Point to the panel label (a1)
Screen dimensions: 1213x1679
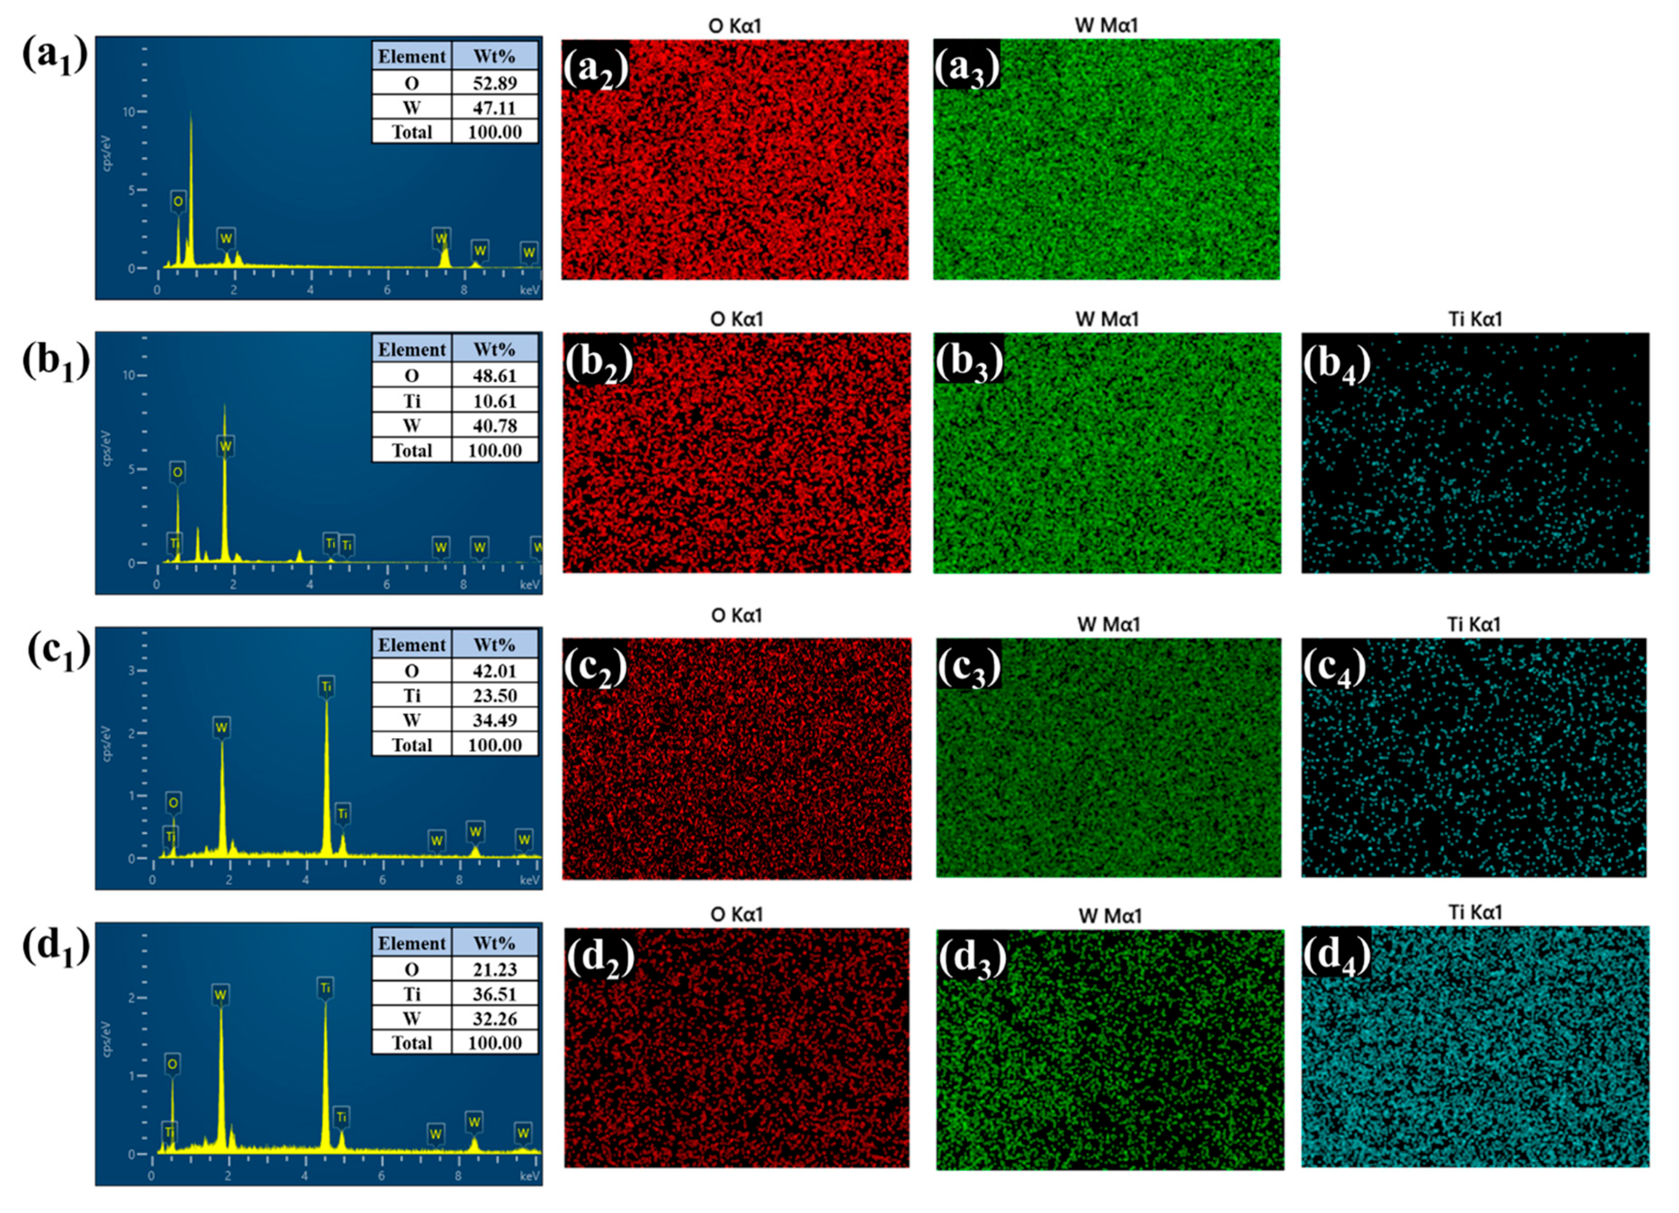[x=55, y=56]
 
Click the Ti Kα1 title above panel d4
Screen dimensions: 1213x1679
[x=1474, y=912]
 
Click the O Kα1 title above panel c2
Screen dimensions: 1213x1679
[x=736, y=616]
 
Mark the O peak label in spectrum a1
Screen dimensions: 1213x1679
[x=178, y=201]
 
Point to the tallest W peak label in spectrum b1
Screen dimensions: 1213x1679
[x=225, y=446]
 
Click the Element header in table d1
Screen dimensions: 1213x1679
[x=411, y=944]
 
